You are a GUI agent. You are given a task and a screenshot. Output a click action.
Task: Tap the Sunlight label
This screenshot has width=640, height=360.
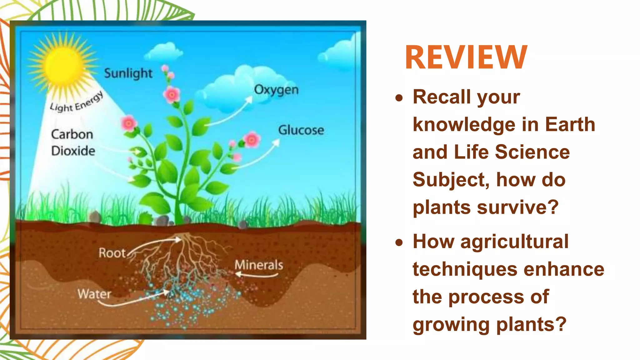[128, 73]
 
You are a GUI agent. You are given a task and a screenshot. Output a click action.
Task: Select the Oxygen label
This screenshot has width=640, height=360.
[276, 90]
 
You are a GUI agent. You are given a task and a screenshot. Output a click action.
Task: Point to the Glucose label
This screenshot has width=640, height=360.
[301, 130]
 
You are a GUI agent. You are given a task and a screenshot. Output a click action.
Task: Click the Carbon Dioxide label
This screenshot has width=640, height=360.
[73, 142]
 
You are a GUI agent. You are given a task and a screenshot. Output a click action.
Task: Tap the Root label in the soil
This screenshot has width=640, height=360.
[112, 253]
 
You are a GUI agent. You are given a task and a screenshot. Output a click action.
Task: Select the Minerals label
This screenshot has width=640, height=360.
[259, 265]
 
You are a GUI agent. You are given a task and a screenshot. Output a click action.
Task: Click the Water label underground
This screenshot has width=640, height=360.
[94, 294]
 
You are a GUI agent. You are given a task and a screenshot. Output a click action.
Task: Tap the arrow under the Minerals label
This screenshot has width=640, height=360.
[256, 275]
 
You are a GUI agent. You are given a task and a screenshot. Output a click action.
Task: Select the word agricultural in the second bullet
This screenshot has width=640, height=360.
[514, 242]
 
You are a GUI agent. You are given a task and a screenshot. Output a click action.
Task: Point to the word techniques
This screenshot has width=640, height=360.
[465, 269]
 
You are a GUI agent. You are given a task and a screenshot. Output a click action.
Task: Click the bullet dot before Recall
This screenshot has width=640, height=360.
[399, 98]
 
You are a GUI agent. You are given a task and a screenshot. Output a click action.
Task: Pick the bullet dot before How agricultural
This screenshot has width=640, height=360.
[399, 242]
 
